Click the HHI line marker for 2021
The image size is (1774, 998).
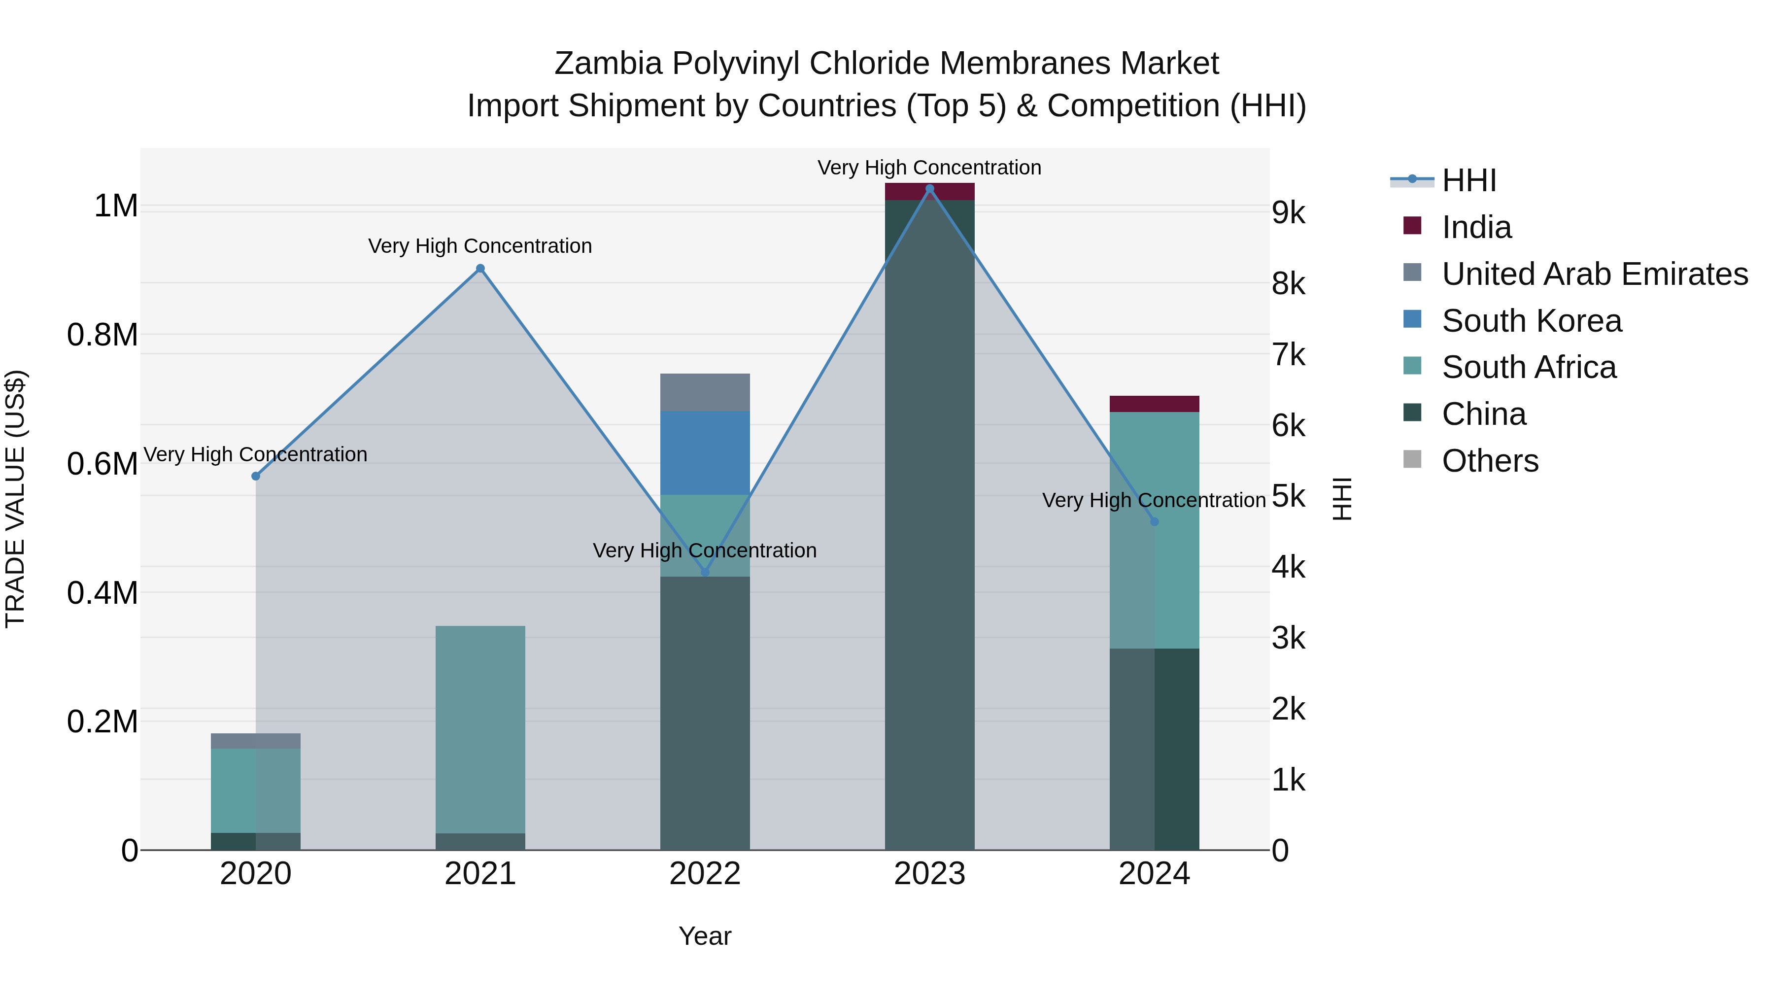(480, 269)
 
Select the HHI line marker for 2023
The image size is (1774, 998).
(930, 189)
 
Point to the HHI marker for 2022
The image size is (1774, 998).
(705, 572)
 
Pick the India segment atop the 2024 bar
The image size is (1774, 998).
(1154, 404)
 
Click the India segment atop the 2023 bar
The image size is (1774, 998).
(930, 192)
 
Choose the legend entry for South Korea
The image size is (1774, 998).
(1531, 321)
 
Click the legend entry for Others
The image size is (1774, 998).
(1490, 461)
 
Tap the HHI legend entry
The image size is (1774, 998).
(1468, 180)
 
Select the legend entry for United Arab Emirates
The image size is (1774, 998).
(1594, 274)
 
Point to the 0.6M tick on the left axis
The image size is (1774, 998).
(102, 464)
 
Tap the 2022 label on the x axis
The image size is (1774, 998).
(705, 874)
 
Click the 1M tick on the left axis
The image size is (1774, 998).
(116, 206)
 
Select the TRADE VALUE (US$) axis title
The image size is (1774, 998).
(15, 499)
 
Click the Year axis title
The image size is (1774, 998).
(705, 936)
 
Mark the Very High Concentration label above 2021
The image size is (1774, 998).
(480, 246)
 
